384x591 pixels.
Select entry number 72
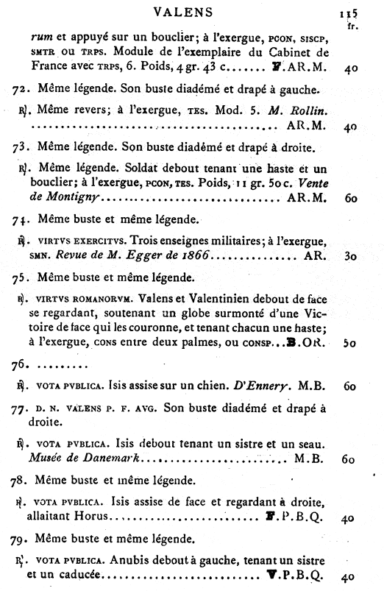22,91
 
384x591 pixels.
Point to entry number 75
22,279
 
